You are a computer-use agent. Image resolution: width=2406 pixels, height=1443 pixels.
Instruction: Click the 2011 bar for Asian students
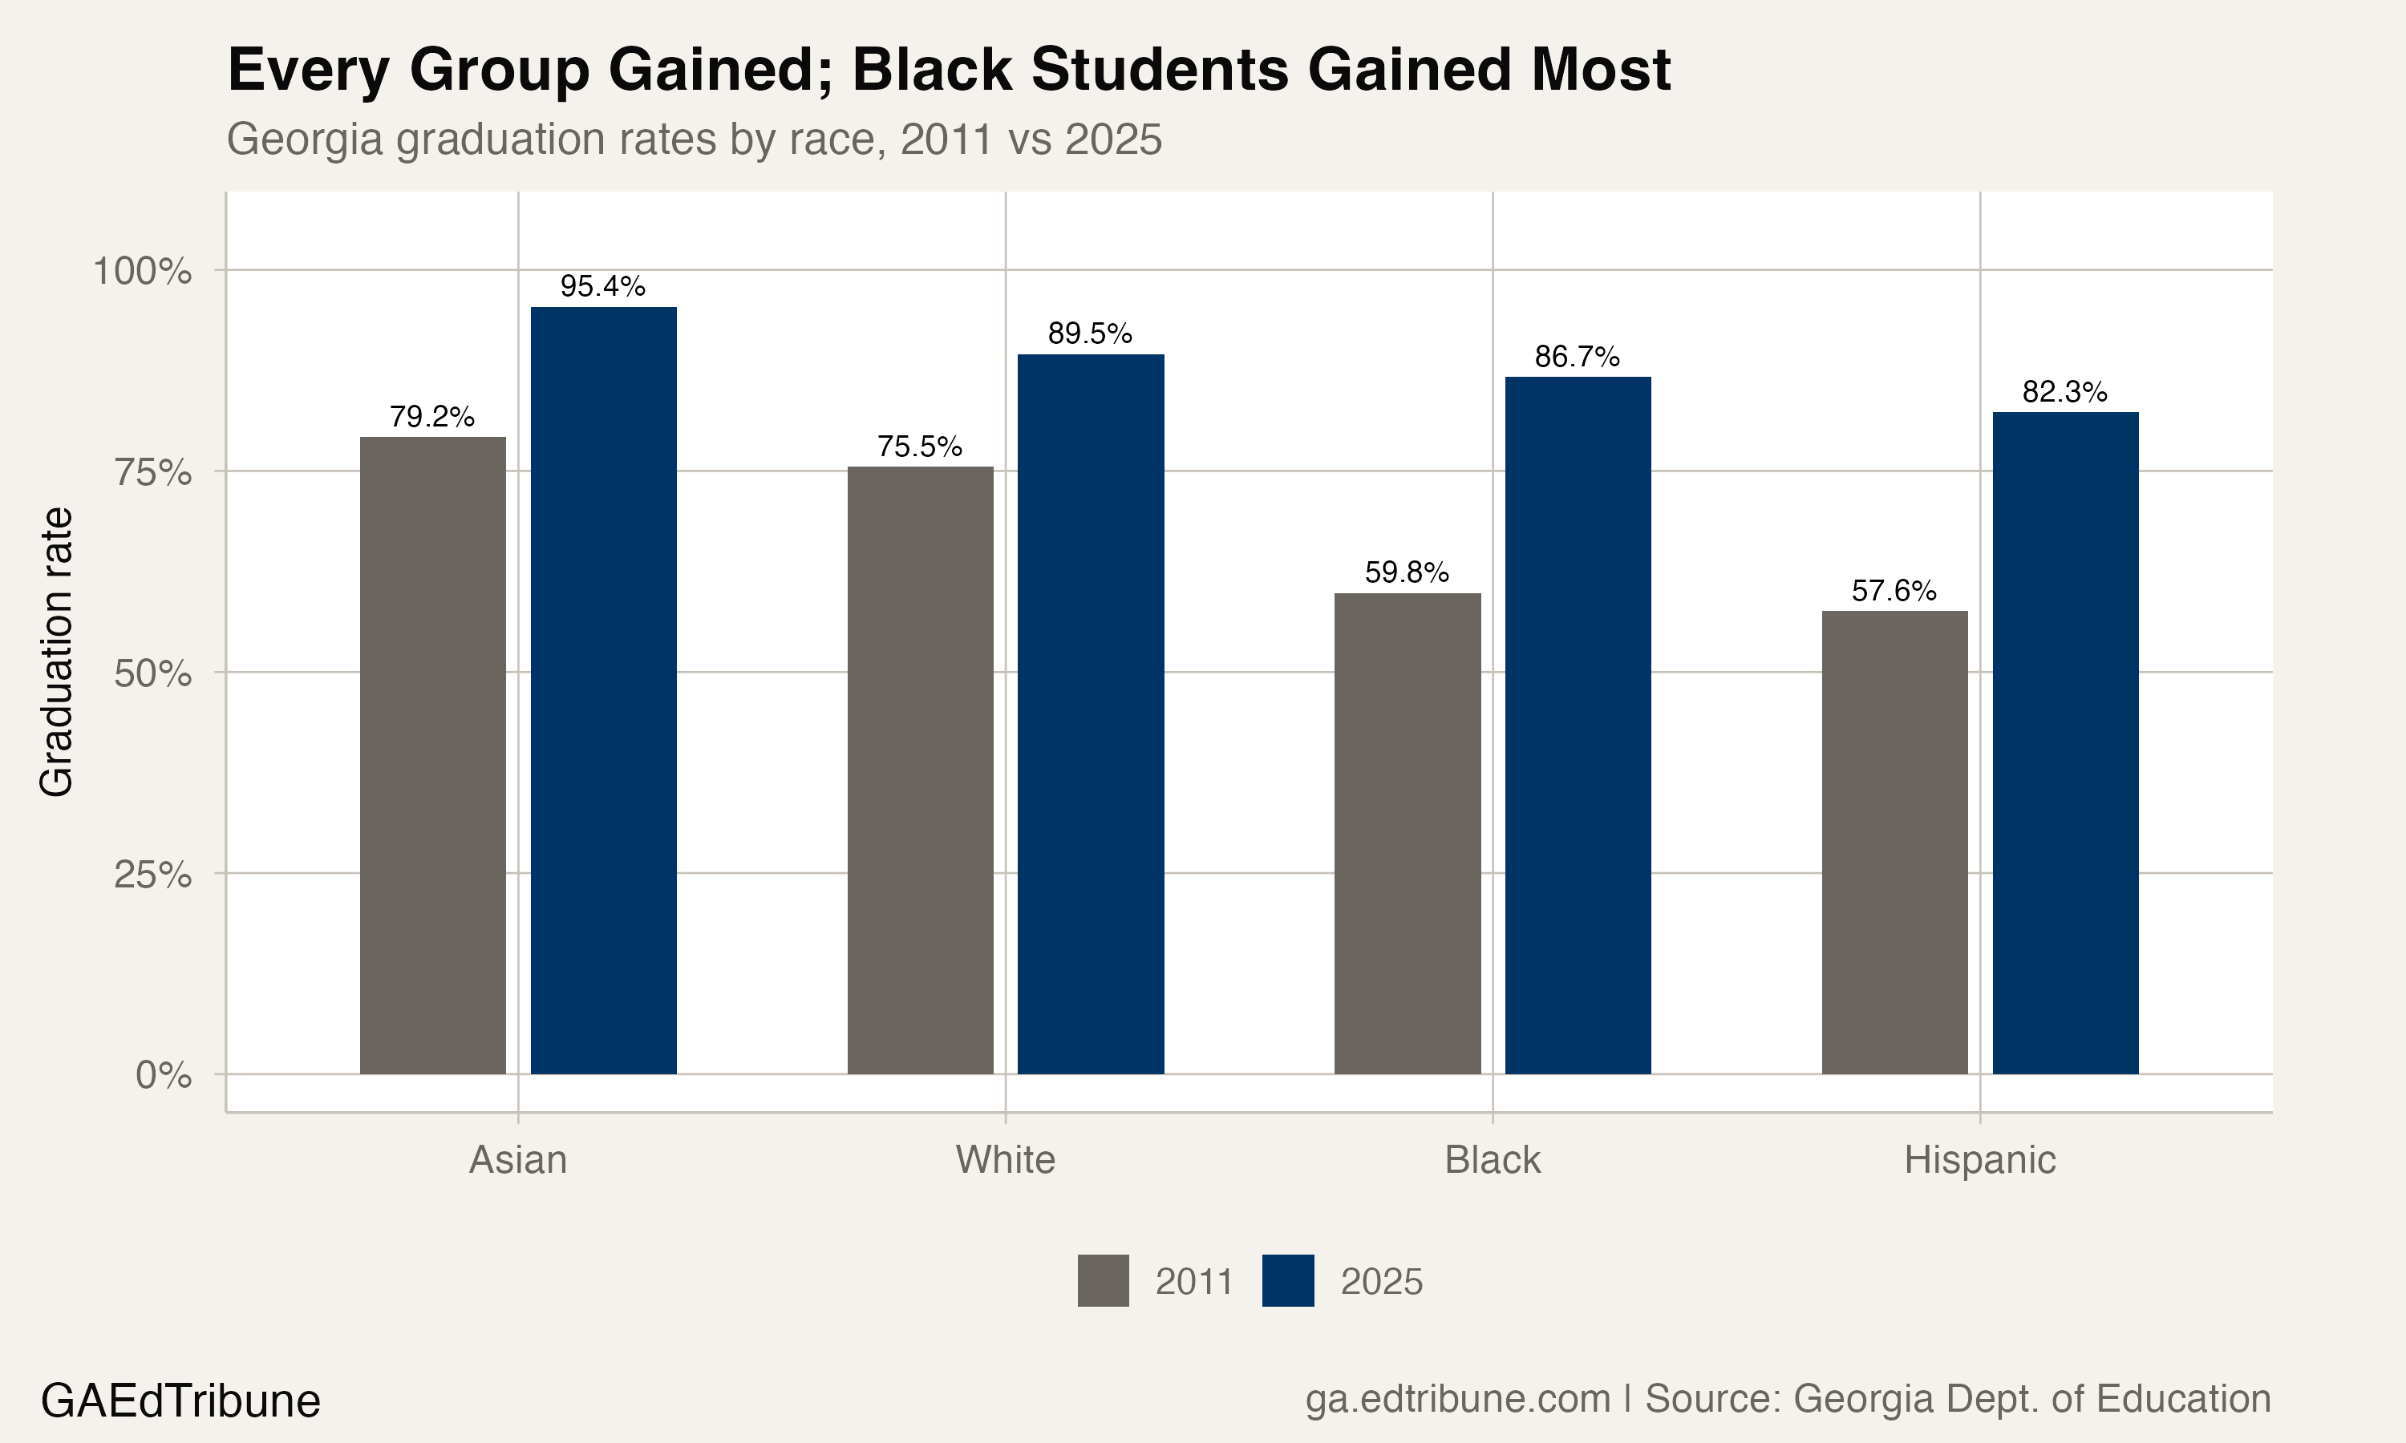(x=433, y=755)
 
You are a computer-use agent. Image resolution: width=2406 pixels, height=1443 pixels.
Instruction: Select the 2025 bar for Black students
(x=1578, y=726)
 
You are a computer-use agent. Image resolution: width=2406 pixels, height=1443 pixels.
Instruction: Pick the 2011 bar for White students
(x=920, y=770)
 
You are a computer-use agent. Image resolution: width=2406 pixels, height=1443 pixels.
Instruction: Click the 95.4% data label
(x=603, y=286)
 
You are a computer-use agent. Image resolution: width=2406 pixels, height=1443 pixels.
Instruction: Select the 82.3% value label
(x=2064, y=392)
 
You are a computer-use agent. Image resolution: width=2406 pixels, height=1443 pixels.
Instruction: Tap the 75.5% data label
(x=919, y=447)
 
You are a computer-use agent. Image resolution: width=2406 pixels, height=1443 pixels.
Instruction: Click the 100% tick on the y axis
(x=142, y=271)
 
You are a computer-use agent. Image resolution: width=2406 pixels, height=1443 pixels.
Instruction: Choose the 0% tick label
(x=164, y=1076)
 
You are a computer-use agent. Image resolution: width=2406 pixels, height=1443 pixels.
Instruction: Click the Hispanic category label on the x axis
(x=1979, y=1160)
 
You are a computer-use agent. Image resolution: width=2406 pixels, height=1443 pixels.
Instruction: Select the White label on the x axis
(x=1005, y=1160)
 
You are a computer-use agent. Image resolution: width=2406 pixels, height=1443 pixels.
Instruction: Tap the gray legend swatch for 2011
(x=1103, y=1280)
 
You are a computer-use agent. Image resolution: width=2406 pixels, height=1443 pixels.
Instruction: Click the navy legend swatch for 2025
(x=1287, y=1280)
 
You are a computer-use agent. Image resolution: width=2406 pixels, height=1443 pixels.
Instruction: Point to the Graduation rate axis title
(x=56, y=652)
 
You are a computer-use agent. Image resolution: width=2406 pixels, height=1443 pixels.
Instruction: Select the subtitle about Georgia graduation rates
(x=694, y=139)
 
